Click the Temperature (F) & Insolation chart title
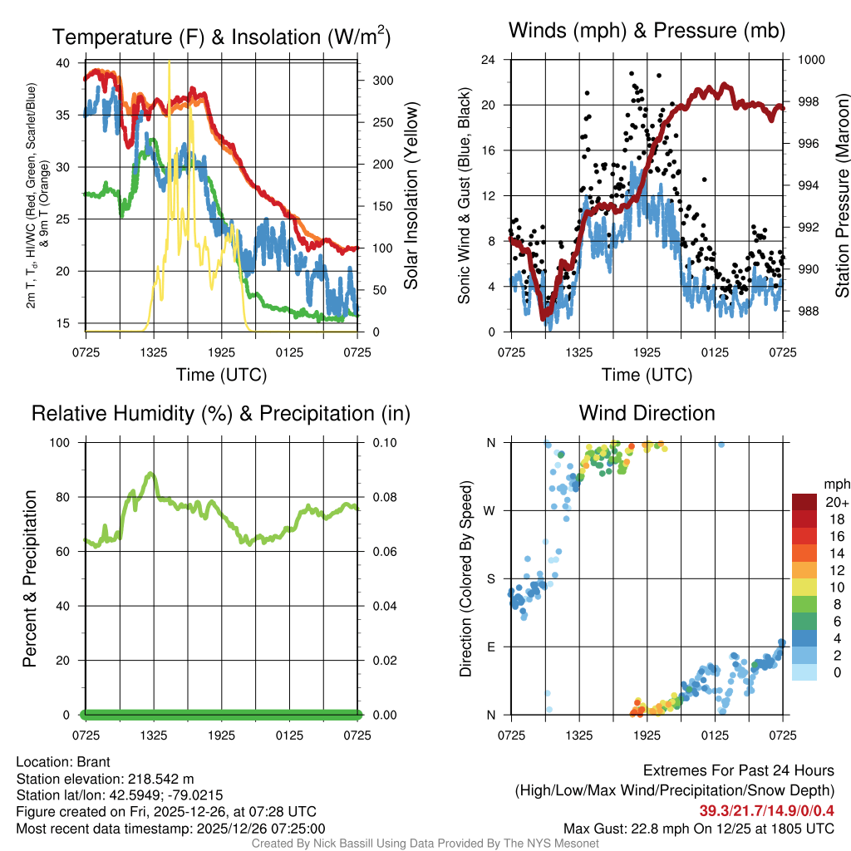(221, 37)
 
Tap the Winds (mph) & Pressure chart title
(647, 32)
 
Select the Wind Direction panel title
(647, 413)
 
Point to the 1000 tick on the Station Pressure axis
(810, 60)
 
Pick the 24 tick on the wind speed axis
(489, 60)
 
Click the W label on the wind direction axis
(490, 510)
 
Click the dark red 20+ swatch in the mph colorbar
(804, 502)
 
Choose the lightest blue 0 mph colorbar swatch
(804, 673)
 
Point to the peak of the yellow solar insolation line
(170, 63)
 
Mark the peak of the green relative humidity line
(150, 474)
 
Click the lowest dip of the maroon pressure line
(544, 317)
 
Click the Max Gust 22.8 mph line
(699, 828)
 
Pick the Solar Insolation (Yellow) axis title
(411, 195)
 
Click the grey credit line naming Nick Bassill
(425, 844)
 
